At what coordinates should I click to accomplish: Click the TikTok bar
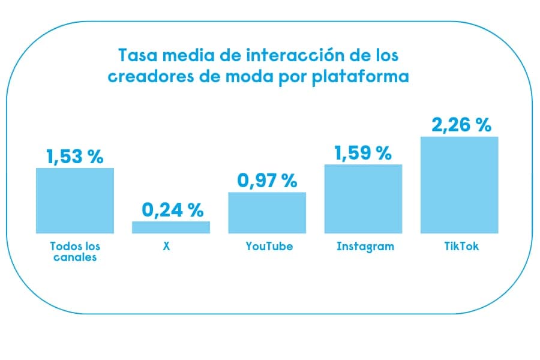click(x=459, y=185)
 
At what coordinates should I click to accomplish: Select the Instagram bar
click(x=363, y=199)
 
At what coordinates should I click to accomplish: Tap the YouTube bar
click(x=267, y=212)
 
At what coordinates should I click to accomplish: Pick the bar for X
click(x=171, y=227)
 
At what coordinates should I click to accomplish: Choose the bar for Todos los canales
click(x=75, y=200)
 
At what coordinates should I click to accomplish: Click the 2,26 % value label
click(x=461, y=125)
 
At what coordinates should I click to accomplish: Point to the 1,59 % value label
click(x=363, y=154)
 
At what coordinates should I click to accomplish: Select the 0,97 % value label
click(x=267, y=181)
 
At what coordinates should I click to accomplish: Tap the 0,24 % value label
click(x=173, y=210)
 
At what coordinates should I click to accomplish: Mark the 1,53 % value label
click(x=75, y=157)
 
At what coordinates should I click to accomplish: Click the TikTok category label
click(x=459, y=246)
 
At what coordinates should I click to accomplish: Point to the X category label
click(x=166, y=246)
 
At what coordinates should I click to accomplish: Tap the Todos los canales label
click(x=75, y=251)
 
